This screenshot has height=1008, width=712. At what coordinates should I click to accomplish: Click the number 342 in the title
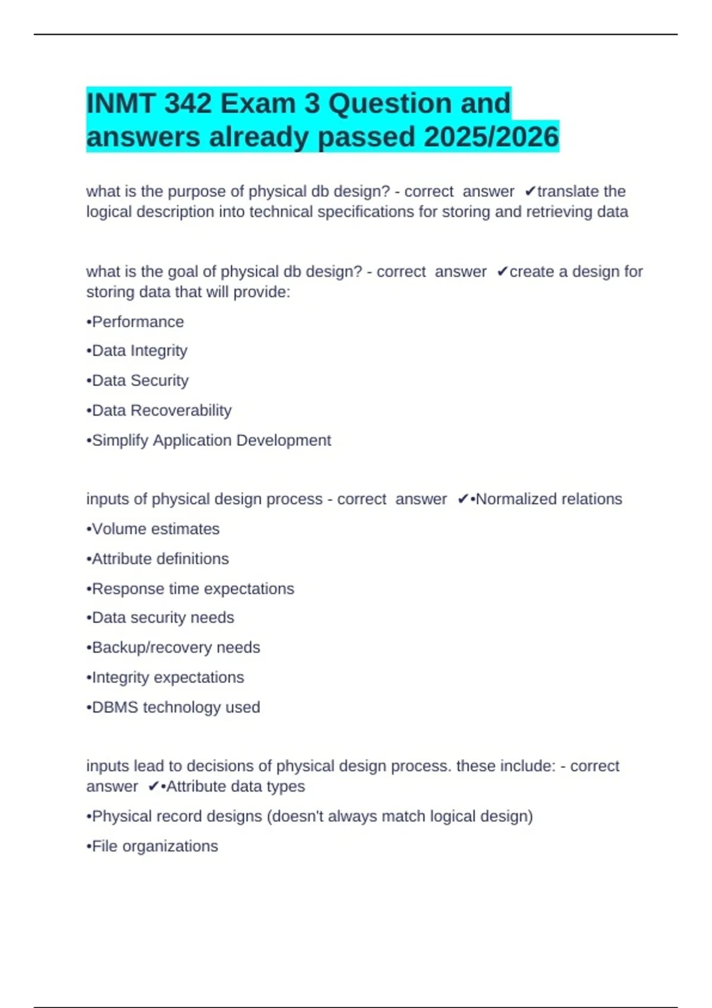(x=187, y=104)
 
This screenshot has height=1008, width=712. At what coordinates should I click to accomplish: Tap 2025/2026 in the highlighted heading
(x=491, y=137)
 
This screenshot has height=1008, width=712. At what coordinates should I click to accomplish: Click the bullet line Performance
(x=135, y=322)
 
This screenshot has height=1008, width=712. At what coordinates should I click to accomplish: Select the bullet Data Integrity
(x=137, y=351)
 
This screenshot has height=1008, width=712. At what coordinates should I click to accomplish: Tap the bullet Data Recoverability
(x=159, y=410)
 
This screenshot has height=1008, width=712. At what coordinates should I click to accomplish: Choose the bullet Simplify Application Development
(x=209, y=441)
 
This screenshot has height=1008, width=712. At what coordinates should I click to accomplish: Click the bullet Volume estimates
(x=153, y=529)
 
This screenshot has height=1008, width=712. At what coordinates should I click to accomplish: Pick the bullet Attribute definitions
(x=158, y=559)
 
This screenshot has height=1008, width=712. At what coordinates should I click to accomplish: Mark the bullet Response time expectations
(x=190, y=589)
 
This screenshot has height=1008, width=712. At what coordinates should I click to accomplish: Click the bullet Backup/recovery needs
(x=173, y=647)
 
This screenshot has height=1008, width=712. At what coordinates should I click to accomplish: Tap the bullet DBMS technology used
(x=173, y=707)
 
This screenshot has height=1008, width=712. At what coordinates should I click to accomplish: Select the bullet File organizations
(x=152, y=846)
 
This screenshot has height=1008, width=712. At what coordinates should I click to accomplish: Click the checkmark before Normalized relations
(x=463, y=499)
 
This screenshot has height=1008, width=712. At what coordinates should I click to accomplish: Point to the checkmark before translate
(x=530, y=192)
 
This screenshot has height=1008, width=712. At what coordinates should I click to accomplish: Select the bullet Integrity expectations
(x=166, y=677)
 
